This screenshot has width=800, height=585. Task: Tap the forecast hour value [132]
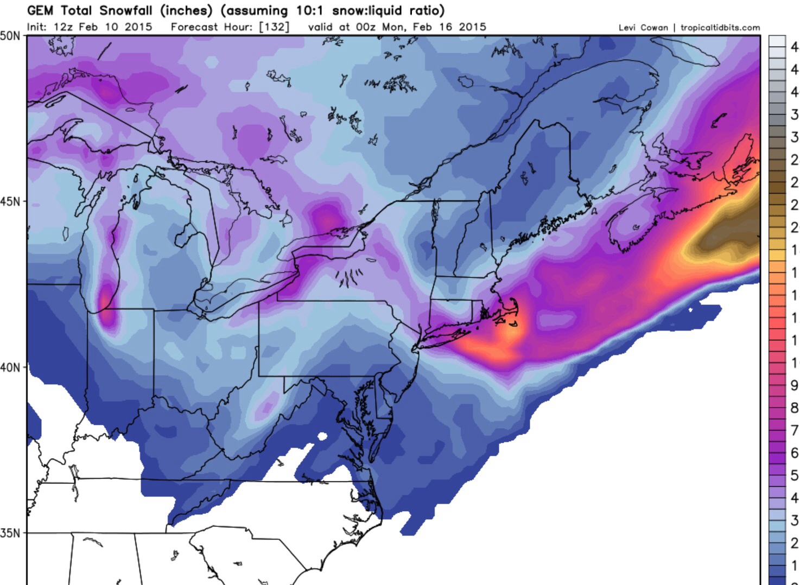coord(274,27)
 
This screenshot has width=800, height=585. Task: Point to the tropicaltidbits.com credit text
coord(720,28)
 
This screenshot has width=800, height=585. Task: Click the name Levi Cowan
coord(643,28)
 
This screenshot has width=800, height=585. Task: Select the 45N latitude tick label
coord(10,202)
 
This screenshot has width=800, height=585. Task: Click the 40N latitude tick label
coord(10,367)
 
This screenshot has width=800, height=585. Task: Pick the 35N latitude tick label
coord(10,533)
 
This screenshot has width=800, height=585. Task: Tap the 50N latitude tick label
coord(10,36)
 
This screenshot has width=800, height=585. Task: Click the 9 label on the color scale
coord(794,385)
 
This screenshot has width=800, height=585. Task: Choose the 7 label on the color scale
coord(794,430)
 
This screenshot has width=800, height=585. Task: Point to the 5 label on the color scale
coord(794,475)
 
